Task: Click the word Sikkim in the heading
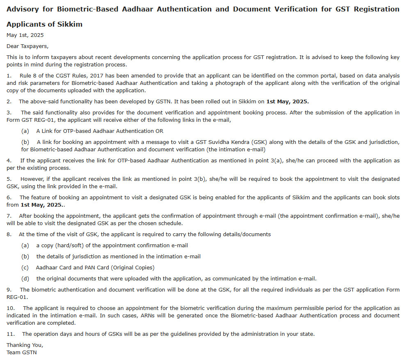click(70, 24)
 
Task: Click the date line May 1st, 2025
click(25, 35)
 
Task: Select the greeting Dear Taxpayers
click(27, 46)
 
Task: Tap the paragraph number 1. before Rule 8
click(9, 76)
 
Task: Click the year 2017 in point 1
click(97, 76)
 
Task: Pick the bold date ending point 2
click(288, 101)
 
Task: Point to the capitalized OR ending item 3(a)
click(159, 131)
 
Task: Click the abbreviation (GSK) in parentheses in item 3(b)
click(260, 142)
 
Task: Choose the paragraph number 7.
click(9, 216)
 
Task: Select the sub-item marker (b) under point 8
click(25, 257)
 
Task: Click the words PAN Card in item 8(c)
click(99, 268)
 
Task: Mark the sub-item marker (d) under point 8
click(25, 279)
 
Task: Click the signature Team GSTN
click(22, 352)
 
